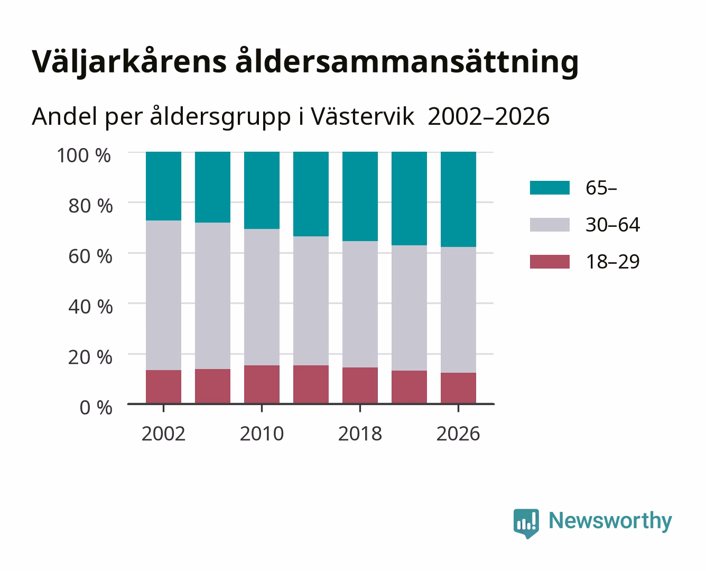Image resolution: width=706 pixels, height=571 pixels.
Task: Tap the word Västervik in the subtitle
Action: [x=363, y=117]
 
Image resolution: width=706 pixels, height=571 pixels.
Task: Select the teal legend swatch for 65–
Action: [x=550, y=188]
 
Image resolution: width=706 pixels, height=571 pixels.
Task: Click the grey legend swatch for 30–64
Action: [x=550, y=225]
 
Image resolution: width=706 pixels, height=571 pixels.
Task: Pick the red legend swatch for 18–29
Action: [x=550, y=262]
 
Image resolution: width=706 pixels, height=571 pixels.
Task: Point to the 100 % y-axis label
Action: [x=83, y=155]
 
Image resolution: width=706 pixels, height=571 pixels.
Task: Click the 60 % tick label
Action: [x=90, y=256]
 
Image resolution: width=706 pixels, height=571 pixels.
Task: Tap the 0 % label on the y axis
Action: [x=96, y=408]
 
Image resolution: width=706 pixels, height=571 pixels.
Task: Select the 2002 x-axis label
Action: [x=163, y=434]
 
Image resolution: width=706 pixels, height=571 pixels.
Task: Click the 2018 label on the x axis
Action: [x=360, y=434]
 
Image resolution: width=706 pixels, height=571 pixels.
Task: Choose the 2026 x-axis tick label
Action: [x=458, y=434]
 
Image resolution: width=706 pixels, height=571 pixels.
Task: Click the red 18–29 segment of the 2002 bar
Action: [x=163, y=386]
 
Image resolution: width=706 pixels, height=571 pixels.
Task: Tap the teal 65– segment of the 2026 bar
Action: [x=458, y=199]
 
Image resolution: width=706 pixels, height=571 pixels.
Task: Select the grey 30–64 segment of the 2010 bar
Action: [x=262, y=297]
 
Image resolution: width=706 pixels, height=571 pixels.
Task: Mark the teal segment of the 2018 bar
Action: [x=360, y=196]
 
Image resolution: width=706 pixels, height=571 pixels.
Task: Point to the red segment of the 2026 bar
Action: [x=458, y=388]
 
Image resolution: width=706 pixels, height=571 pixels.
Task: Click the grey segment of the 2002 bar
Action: [x=163, y=295]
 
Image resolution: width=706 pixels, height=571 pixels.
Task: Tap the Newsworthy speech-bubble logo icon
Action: [x=526, y=523]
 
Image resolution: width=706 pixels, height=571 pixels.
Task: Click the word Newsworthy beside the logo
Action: [x=610, y=521]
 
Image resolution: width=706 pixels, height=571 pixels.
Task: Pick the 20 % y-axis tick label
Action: [x=90, y=357]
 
